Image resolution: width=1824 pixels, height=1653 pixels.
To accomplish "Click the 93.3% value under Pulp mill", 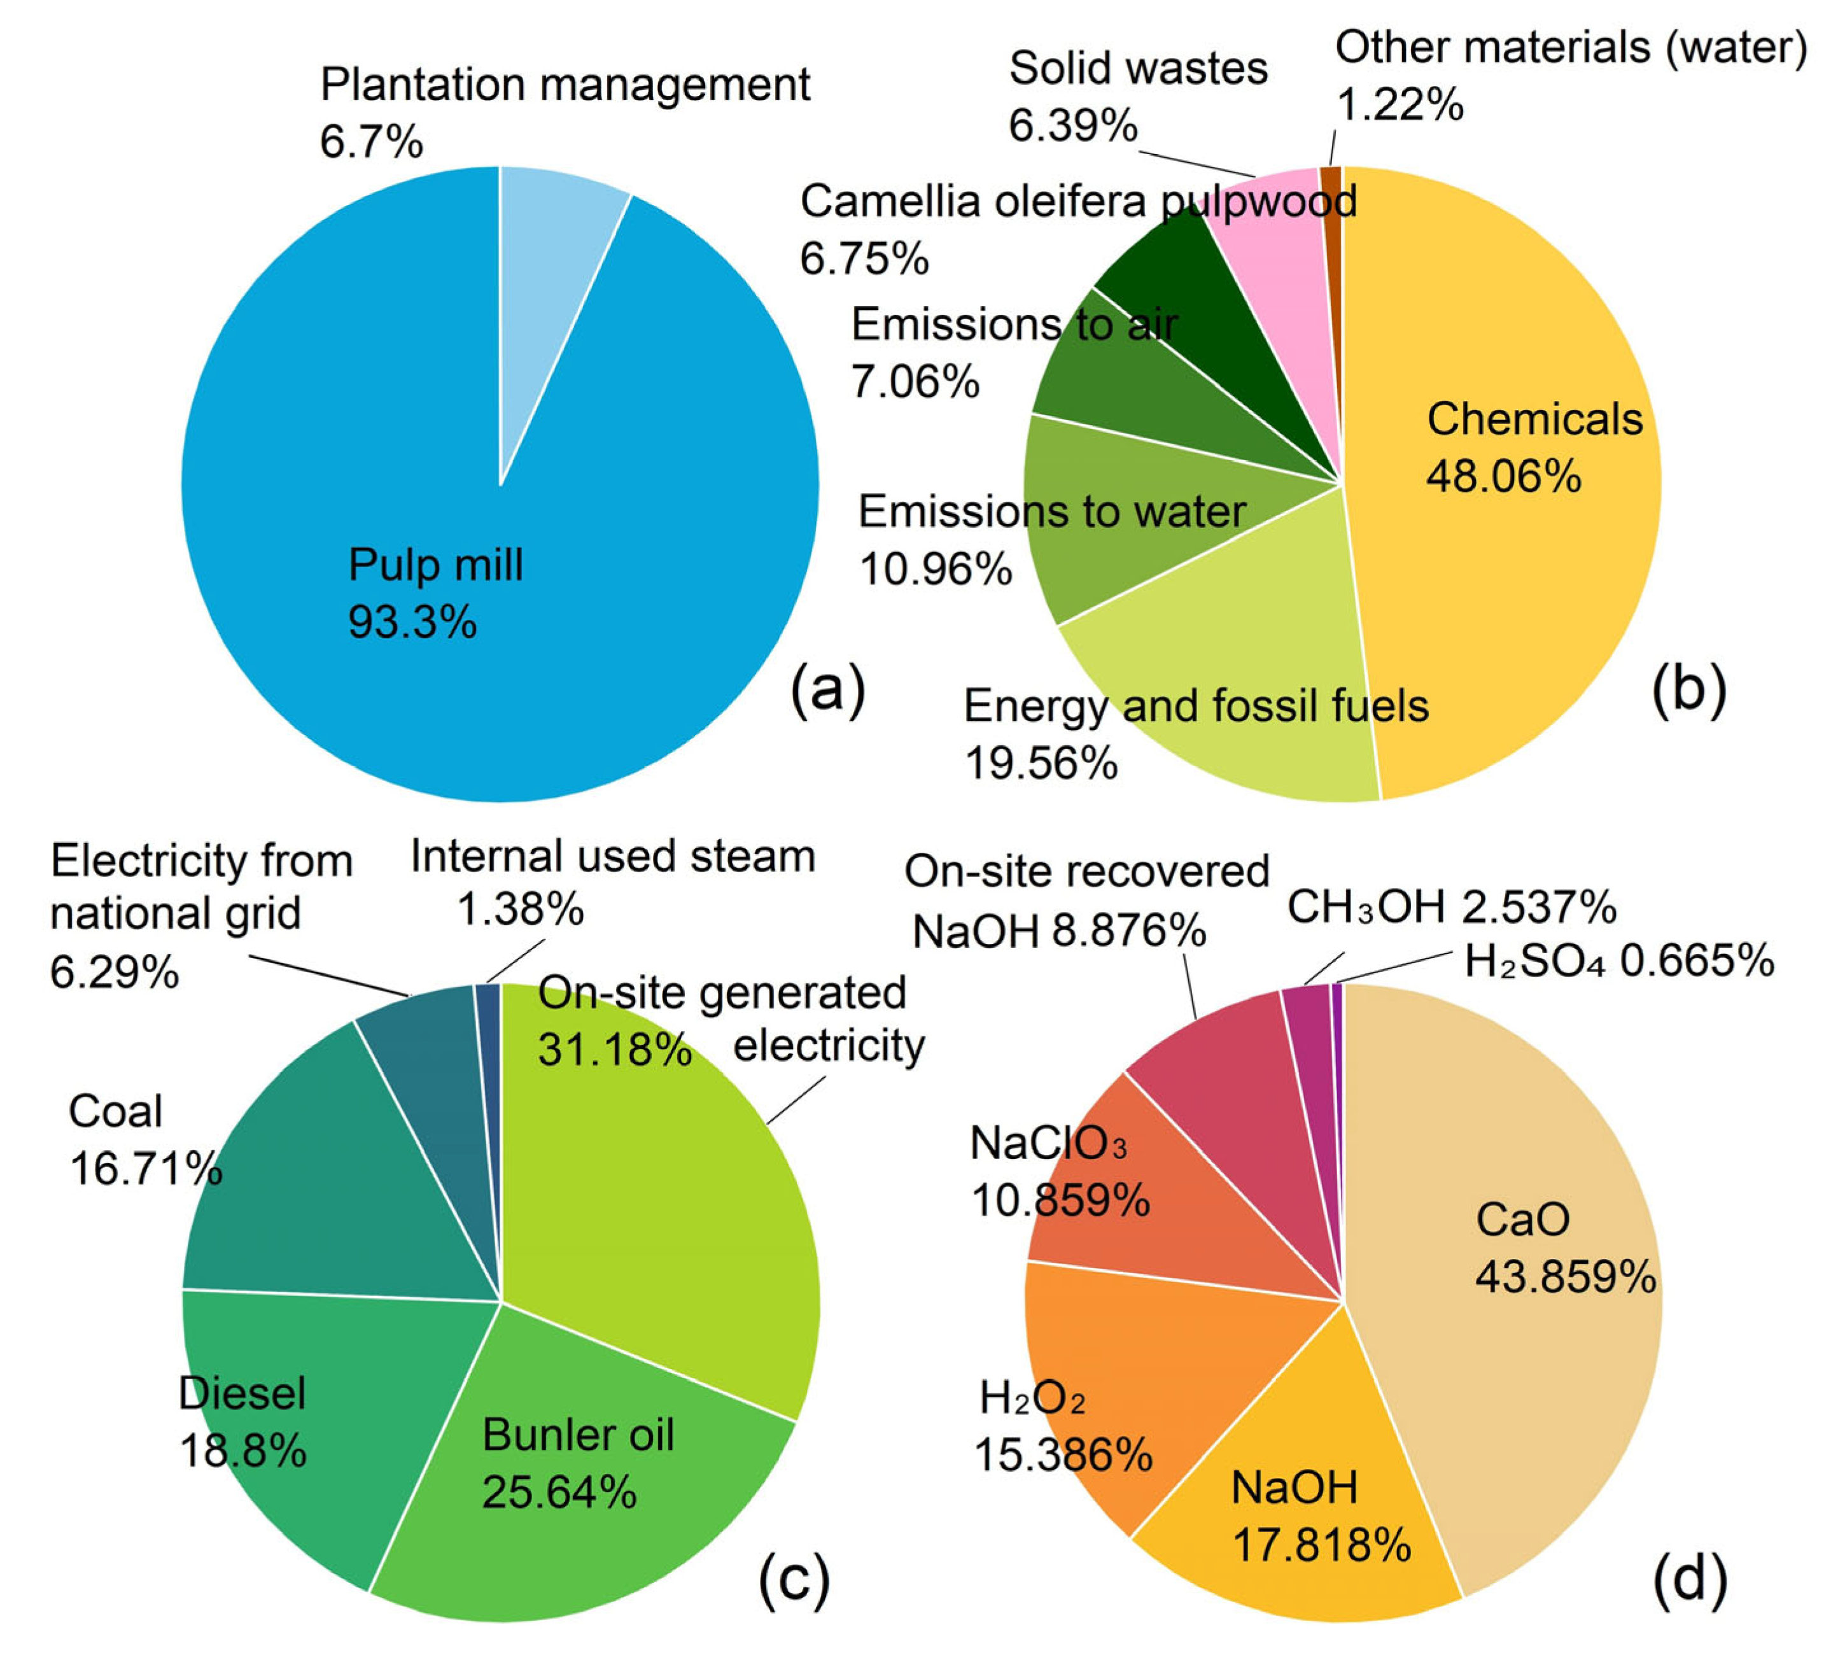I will tap(412, 622).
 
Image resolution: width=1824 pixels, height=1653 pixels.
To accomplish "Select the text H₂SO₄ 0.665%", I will tap(1618, 961).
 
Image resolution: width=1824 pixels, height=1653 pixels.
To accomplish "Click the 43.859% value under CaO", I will tap(1565, 1277).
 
